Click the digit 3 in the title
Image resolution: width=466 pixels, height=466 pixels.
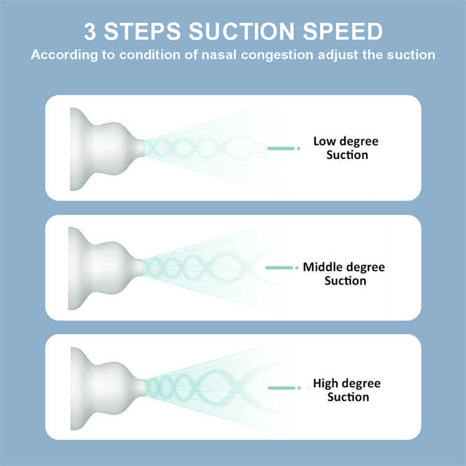[x=90, y=31]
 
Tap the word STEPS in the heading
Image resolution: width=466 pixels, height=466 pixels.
[x=142, y=31]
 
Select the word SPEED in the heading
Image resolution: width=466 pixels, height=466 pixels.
[x=342, y=31]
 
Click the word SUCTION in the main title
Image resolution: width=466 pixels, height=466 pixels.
[x=242, y=31]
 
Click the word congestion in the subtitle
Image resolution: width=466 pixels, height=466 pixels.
[x=276, y=55]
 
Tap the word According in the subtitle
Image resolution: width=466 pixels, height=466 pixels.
[x=64, y=55]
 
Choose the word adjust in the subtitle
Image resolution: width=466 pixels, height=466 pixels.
[x=338, y=55]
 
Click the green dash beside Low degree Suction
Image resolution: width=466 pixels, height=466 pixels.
[x=281, y=148]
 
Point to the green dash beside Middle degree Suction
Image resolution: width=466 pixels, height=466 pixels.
[x=279, y=268]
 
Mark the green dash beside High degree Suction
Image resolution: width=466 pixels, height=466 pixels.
[x=281, y=388]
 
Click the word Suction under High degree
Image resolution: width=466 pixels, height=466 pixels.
[x=348, y=397]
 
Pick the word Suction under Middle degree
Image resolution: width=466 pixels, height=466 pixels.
[x=345, y=281]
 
